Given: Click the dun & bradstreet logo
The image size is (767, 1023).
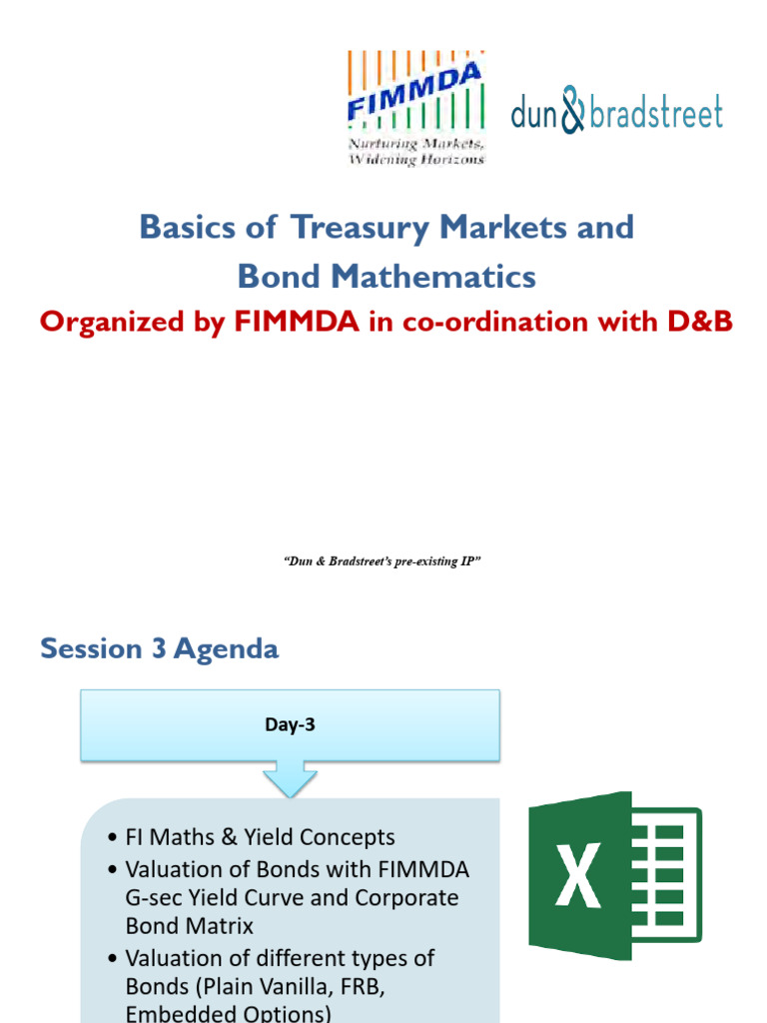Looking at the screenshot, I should [616, 111].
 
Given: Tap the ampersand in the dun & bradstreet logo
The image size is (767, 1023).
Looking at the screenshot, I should [572, 111].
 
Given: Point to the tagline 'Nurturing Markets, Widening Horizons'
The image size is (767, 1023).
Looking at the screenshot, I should [415, 152].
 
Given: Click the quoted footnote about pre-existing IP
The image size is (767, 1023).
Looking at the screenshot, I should [384, 562].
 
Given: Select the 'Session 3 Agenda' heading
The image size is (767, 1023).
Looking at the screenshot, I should [160, 648].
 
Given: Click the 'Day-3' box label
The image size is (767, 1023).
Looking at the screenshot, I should [290, 726].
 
